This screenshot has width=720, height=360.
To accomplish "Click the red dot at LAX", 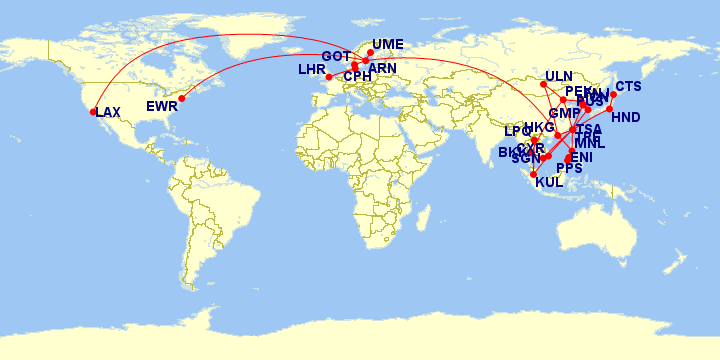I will (x=94, y=112).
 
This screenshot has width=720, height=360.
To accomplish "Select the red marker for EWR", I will (x=181, y=97).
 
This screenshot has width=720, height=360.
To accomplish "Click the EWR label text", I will (x=161, y=106).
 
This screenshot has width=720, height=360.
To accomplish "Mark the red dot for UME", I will (x=371, y=52).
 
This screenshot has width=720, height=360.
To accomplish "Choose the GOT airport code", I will (x=335, y=56).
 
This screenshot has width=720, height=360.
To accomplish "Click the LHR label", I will (x=312, y=70).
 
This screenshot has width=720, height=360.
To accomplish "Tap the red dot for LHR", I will (x=330, y=77).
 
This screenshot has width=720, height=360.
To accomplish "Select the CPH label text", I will (x=357, y=76).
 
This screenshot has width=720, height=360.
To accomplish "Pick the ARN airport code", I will (x=382, y=68).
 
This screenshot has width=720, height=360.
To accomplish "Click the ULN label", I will (x=560, y=77).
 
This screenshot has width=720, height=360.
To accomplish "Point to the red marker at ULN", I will (x=543, y=83).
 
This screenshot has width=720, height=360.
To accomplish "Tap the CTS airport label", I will (x=628, y=87).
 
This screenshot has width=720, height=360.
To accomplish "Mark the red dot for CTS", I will (x=613, y=94).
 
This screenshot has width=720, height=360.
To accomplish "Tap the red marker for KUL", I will (x=533, y=174).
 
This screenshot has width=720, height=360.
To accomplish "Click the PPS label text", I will (x=569, y=168).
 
